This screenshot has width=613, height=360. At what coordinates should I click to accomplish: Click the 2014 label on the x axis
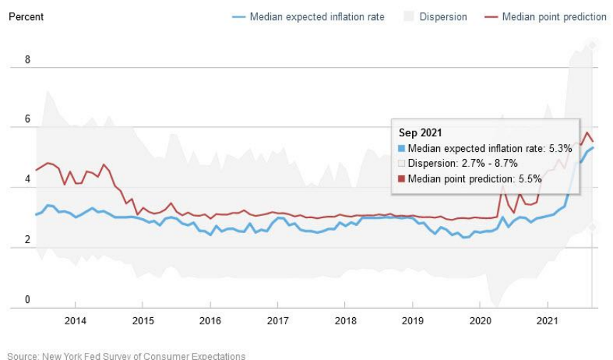pyautogui.click(x=76, y=321)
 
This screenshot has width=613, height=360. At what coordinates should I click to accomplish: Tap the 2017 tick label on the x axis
pyautogui.click(x=277, y=321)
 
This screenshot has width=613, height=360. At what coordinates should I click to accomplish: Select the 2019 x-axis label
pyautogui.click(x=412, y=321)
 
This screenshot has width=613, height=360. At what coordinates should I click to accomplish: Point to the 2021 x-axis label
pyautogui.click(x=547, y=321)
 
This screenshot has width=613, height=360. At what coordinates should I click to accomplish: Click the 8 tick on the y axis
pyautogui.click(x=28, y=60)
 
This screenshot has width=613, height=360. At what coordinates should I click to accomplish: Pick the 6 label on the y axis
pyautogui.click(x=28, y=120)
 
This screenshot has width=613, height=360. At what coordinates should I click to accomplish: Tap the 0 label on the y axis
pyautogui.click(x=28, y=300)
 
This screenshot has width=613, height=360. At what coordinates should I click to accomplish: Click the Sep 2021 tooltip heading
pyautogui.click(x=420, y=133)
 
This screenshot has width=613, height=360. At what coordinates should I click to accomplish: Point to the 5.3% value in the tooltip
pyautogui.click(x=560, y=148)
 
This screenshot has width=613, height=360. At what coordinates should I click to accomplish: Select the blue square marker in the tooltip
pyautogui.click(x=402, y=148)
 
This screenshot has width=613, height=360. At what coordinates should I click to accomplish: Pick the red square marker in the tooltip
pyautogui.click(x=402, y=178)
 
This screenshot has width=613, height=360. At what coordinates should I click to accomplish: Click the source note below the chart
pyautogui.click(x=127, y=356)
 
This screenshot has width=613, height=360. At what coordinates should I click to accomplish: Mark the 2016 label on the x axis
pyautogui.click(x=210, y=321)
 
